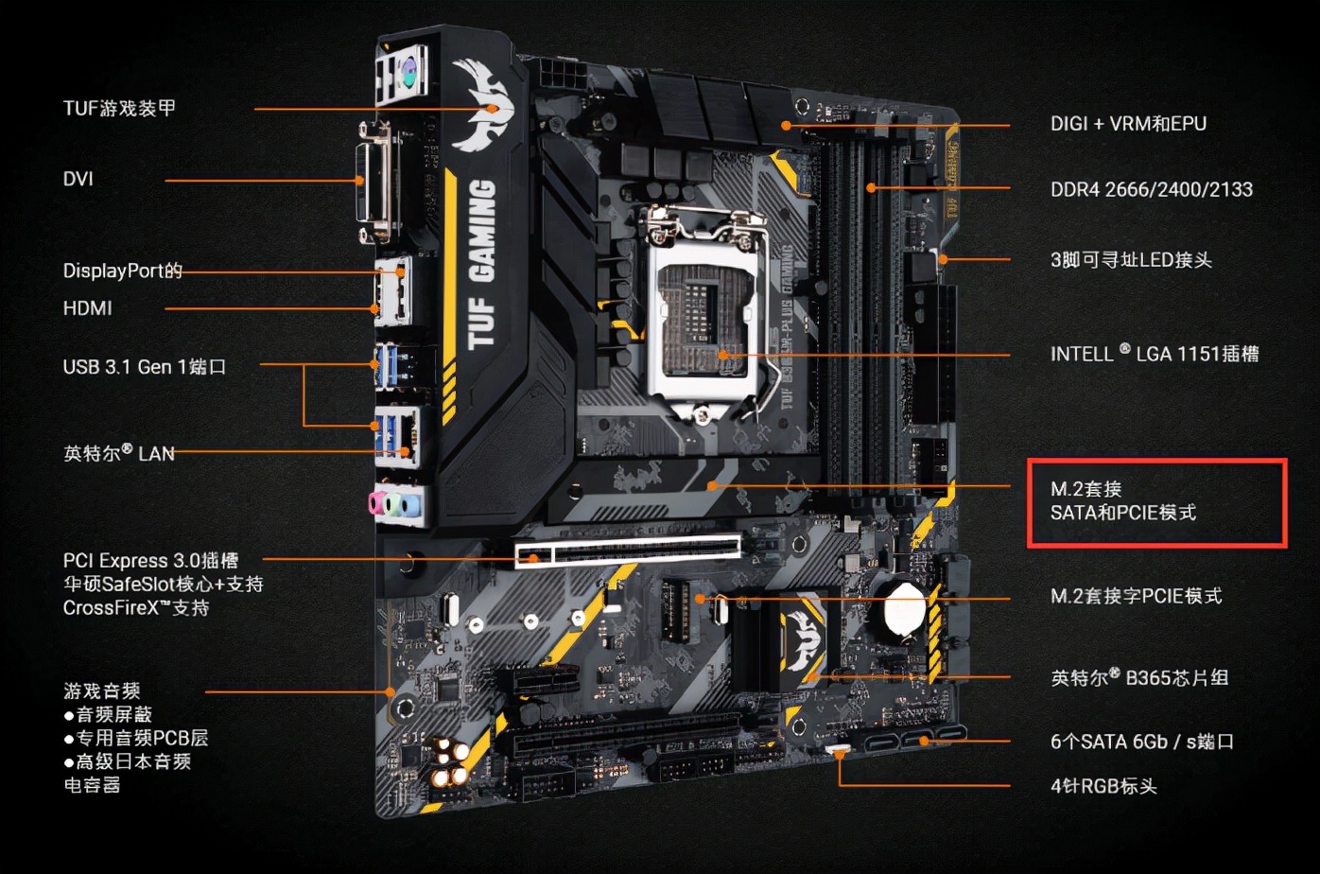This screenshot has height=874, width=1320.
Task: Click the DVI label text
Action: pos(78,179)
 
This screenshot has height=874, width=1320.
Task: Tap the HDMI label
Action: pos(87,308)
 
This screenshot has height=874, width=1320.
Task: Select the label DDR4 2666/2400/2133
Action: pos(1152,189)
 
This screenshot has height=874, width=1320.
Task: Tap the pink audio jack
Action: pos(376,504)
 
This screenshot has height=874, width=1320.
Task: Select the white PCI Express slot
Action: pos(628,551)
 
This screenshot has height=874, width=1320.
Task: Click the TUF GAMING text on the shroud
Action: pos(481,264)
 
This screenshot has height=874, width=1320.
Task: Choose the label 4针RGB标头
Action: pos(1103,786)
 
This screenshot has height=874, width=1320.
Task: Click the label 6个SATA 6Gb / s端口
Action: pos(1142,742)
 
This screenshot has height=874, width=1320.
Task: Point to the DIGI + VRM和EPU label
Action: pos(1128,124)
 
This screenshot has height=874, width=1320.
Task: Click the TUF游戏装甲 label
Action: pos(119,109)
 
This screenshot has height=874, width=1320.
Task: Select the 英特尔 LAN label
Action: pos(118,453)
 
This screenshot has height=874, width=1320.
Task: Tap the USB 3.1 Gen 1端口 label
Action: pos(145,367)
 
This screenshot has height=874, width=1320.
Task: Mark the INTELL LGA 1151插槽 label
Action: pos(1155,353)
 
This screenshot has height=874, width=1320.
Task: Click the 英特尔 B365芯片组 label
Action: pos(1139,677)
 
